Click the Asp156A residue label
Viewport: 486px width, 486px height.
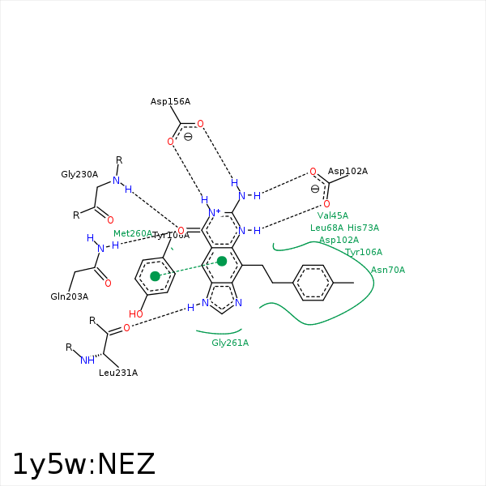(x=170, y=102)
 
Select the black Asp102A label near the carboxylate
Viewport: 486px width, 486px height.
(x=347, y=172)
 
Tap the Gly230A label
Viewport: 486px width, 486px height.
(x=79, y=174)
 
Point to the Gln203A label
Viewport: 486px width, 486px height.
(x=69, y=296)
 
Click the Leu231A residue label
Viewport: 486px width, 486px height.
(x=118, y=373)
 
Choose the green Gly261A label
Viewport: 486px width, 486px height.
(x=230, y=343)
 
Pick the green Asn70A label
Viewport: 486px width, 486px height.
(x=388, y=271)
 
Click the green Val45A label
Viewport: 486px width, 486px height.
(x=333, y=216)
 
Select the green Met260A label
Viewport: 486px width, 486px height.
(x=132, y=234)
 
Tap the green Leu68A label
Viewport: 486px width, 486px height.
(x=326, y=228)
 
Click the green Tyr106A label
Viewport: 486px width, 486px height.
(x=364, y=253)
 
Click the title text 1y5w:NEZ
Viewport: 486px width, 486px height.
(x=83, y=464)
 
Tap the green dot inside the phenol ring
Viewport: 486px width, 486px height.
(x=155, y=276)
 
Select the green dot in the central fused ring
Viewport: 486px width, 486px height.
(x=222, y=261)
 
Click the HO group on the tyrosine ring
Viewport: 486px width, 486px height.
(x=135, y=314)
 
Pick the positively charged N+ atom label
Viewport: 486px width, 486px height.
(x=215, y=213)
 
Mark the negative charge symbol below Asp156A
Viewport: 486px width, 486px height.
(x=188, y=137)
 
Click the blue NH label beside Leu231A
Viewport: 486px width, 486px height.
(x=87, y=360)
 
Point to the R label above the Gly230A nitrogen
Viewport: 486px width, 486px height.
(x=119, y=160)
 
